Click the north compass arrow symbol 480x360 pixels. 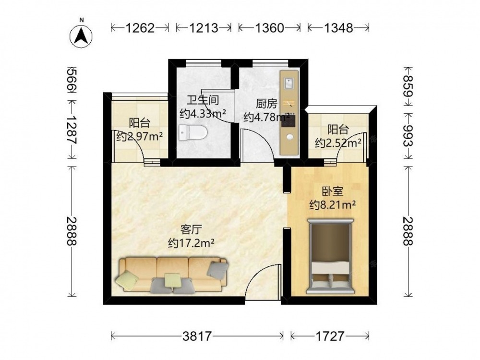click(x=82, y=35)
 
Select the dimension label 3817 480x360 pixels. click(x=197, y=336)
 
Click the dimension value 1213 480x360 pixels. click(x=204, y=28)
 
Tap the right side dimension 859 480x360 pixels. click(x=408, y=87)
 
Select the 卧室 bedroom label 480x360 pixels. click(x=332, y=192)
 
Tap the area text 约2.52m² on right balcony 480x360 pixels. click(x=338, y=143)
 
